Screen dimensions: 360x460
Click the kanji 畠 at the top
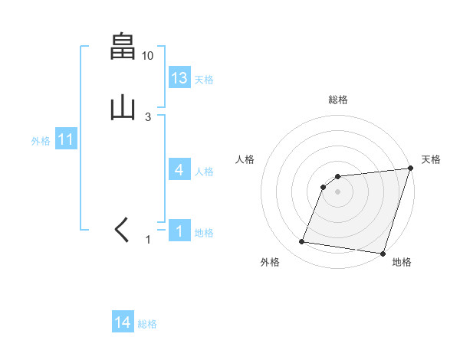(123, 47)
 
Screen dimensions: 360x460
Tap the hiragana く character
(122, 230)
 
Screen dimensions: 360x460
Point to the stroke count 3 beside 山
(148, 117)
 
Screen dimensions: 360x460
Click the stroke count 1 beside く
(149, 240)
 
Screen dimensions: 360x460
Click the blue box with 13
(179, 78)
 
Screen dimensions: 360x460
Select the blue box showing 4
(179, 170)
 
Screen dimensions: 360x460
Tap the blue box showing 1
(179, 231)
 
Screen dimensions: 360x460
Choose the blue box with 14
(123, 323)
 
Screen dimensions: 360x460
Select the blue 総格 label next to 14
(147, 325)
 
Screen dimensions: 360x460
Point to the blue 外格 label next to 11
(41, 141)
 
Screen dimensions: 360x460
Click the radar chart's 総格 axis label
(337, 100)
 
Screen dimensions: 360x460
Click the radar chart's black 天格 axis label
(431, 159)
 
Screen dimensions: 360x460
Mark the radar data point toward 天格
(410, 169)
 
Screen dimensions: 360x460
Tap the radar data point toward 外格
(302, 242)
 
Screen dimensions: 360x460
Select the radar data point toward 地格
(383, 253)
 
